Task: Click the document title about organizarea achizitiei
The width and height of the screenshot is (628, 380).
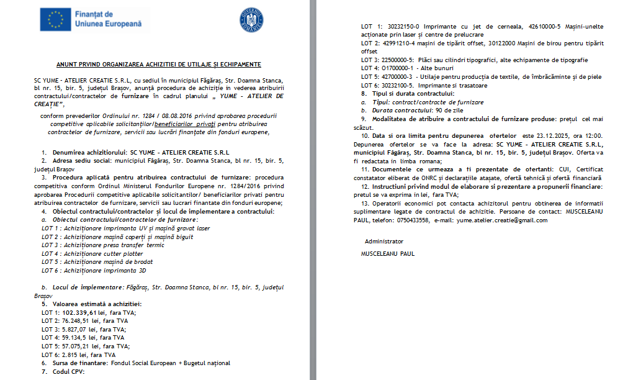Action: pos(159,64)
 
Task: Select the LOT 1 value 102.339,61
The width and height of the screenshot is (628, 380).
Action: pos(80,312)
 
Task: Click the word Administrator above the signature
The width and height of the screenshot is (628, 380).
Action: pos(384,241)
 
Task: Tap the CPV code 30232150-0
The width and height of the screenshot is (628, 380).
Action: pos(401,27)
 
